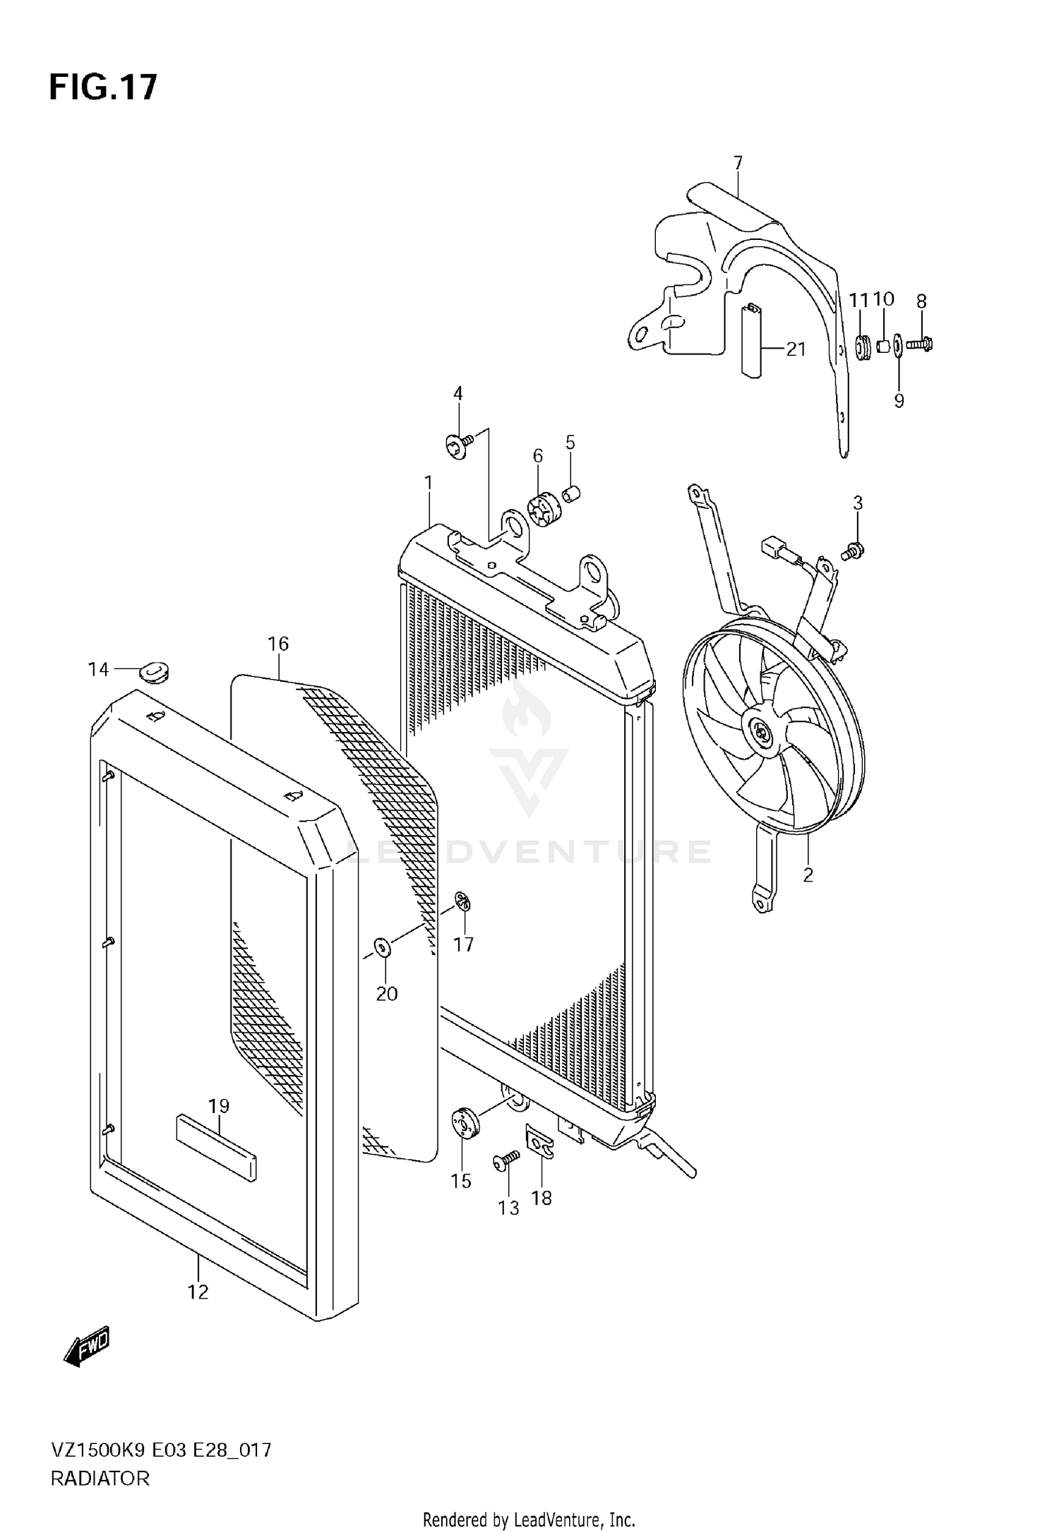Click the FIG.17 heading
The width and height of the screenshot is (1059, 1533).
(103, 88)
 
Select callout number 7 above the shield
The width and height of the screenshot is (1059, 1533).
(738, 164)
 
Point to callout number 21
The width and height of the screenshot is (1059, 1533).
(796, 349)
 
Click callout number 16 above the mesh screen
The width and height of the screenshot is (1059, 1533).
(278, 644)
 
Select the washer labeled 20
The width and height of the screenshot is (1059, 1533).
(381, 947)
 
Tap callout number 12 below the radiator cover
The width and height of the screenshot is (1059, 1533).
(198, 1292)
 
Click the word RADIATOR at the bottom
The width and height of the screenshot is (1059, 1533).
(100, 1479)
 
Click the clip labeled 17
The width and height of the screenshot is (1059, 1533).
(463, 902)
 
